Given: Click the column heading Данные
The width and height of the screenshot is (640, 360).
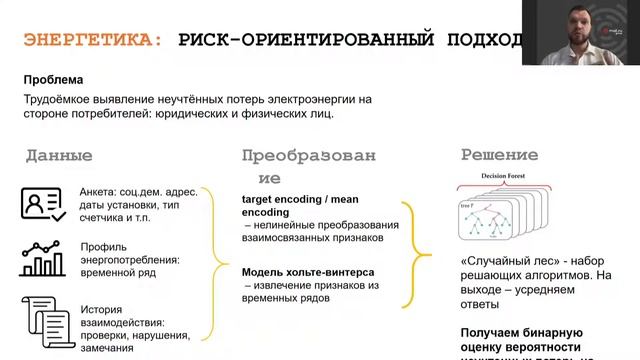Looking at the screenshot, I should click(59, 156).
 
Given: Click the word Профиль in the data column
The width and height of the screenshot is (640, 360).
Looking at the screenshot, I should click(103, 247).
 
